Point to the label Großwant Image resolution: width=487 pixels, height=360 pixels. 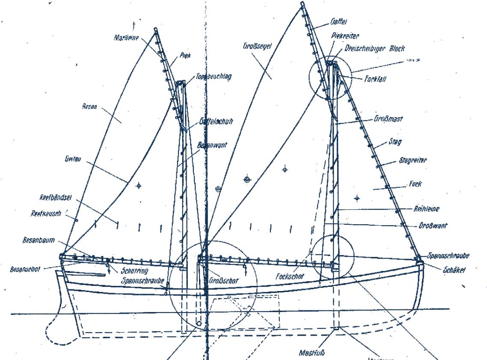432,226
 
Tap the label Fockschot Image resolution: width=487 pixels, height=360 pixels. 290,277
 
